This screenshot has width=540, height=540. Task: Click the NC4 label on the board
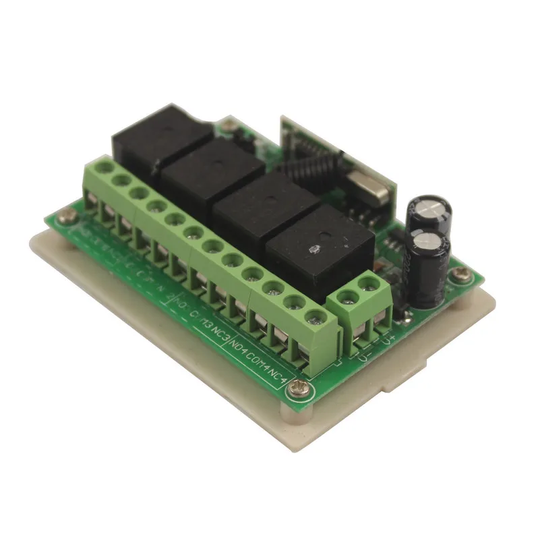[x=282, y=373]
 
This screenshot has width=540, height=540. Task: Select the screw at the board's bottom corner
[x=305, y=391]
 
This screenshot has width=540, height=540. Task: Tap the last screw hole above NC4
[x=311, y=317]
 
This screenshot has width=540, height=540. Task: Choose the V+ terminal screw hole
[x=368, y=284]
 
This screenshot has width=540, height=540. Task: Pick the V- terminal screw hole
[x=348, y=295]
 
